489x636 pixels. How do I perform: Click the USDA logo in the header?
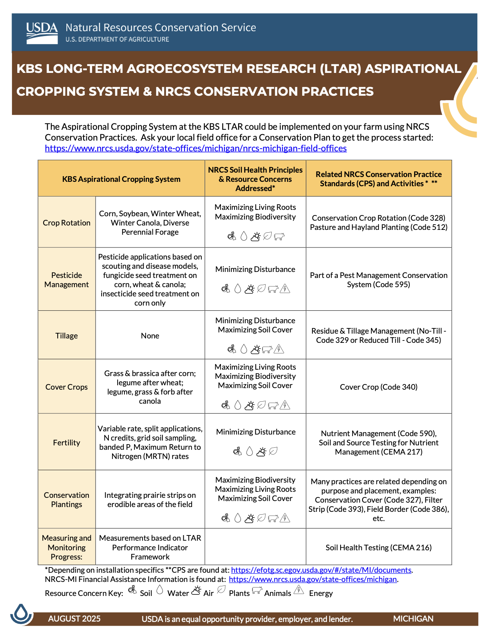[x=42, y=33]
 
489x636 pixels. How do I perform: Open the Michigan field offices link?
[x=196, y=148]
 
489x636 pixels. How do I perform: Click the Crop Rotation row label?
[x=66, y=223]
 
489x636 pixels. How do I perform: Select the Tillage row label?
[x=66, y=336]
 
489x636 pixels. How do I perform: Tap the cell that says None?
[x=150, y=336]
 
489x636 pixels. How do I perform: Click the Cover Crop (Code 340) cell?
[x=379, y=387]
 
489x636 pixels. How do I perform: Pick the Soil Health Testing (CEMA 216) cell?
[x=379, y=547]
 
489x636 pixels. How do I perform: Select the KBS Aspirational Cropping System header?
[x=121, y=179]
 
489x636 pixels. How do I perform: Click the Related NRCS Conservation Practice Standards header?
[x=379, y=179]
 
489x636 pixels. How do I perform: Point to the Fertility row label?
[x=66, y=443]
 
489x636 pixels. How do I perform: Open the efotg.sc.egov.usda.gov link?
[x=321, y=570]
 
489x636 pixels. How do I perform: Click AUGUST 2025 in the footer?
[x=74, y=619]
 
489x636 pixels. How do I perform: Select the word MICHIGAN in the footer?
[x=413, y=619]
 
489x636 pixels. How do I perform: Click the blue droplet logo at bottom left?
[x=21, y=614]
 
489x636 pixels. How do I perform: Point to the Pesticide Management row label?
[x=66, y=280]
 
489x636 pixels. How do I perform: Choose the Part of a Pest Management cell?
[x=379, y=280]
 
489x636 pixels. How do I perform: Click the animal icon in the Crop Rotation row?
[x=279, y=237]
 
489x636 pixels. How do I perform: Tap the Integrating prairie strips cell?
[x=150, y=500]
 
